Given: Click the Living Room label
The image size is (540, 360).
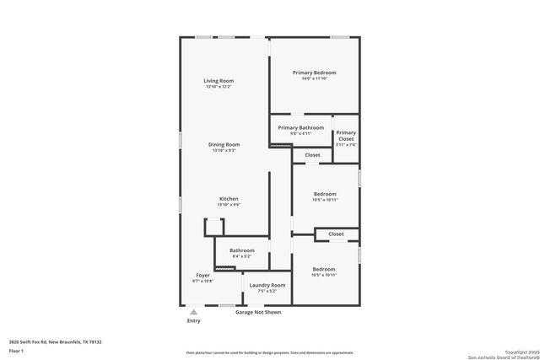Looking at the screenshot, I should [x=218, y=81].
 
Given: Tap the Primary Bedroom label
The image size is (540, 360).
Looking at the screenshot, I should [x=314, y=73].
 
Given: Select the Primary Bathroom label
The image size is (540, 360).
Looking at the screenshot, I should [x=300, y=127].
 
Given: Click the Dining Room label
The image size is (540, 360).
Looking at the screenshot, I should [x=224, y=144].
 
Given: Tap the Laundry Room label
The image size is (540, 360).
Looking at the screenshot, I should [x=267, y=285].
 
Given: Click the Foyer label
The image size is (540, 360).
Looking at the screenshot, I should [x=202, y=275].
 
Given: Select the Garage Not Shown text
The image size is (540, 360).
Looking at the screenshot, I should [x=257, y=312].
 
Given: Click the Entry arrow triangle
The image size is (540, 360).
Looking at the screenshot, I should [x=193, y=311].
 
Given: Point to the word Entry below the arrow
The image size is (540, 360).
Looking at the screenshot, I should [x=193, y=320].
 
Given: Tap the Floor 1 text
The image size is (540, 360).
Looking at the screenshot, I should [x=16, y=350].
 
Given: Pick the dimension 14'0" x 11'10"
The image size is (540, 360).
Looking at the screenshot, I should [x=314, y=79].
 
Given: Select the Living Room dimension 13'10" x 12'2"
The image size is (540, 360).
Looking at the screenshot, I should [x=218, y=87].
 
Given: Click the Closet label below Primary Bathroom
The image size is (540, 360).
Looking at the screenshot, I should [x=312, y=155].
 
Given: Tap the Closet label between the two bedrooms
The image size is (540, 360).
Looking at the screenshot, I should [x=336, y=234].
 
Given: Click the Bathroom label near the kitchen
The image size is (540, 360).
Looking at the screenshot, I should [x=241, y=250].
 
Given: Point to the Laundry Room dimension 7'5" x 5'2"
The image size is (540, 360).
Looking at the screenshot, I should [x=267, y=291].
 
